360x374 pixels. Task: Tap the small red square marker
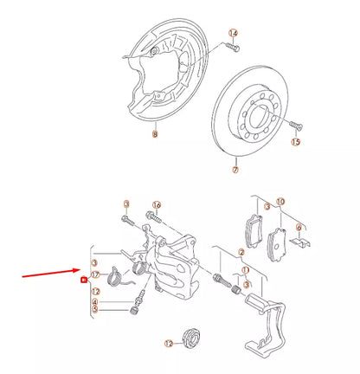coord(83,280)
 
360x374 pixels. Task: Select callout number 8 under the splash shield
coord(155,134)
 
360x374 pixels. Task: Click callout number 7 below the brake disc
coord(235,171)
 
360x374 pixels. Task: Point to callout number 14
coord(232,33)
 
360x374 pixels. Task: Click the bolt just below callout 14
coord(235,49)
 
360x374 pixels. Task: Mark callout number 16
coord(157,204)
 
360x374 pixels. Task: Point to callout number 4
coord(96,301)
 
